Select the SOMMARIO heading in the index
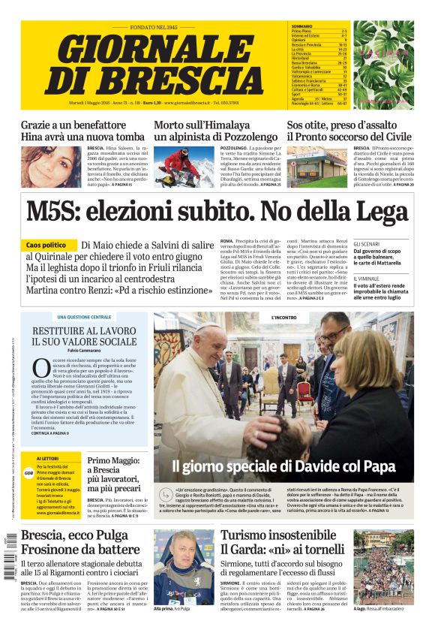301,26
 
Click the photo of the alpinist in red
177,165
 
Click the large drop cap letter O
41,369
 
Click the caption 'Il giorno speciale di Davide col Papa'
283,466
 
